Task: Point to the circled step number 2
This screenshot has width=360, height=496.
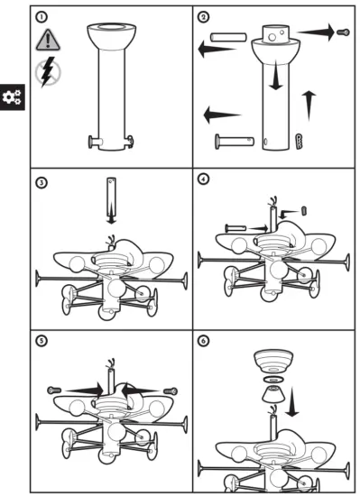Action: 204,16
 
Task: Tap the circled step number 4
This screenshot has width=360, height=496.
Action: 204,179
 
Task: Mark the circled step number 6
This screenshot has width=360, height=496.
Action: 204,341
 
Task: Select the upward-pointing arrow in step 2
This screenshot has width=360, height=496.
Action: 311,105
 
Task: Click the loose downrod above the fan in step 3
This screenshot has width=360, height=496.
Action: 111,194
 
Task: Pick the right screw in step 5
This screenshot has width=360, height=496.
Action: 170,390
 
